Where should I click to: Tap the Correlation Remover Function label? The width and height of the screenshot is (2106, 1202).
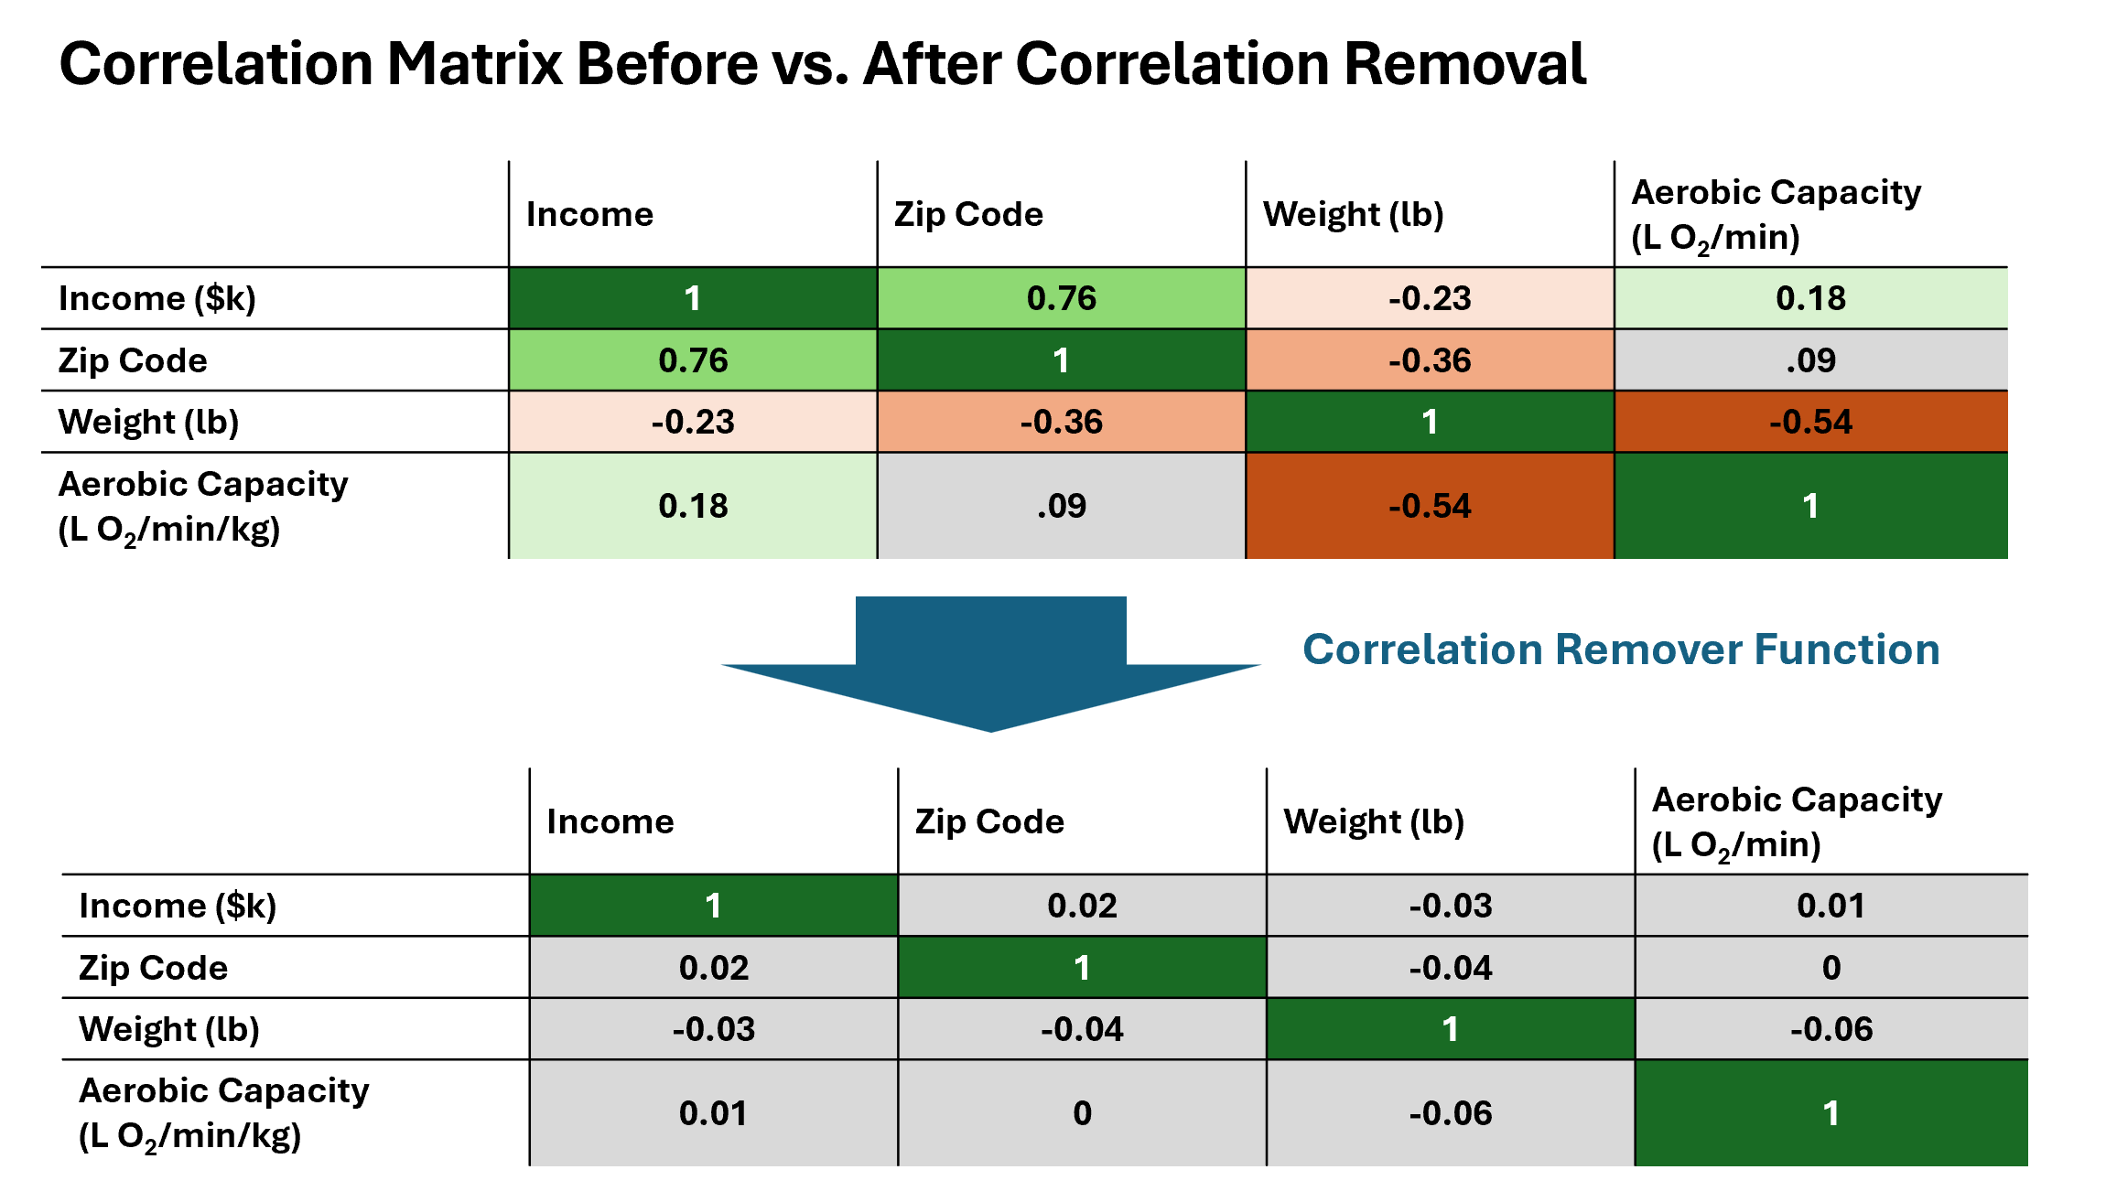[x=1621, y=649]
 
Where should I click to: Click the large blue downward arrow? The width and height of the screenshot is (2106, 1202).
[x=991, y=664]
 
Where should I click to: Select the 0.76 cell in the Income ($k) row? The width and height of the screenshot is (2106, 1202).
[x=1062, y=298]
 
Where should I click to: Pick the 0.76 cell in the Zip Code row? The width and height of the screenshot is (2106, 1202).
[x=693, y=360]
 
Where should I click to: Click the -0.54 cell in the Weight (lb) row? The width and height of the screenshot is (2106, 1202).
[x=1811, y=422]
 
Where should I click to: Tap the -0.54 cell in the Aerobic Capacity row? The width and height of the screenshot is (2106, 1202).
[x=1430, y=506]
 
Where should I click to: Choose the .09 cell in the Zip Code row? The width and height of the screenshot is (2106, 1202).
[x=1811, y=360]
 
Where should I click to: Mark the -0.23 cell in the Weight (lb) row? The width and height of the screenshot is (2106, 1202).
[x=693, y=422]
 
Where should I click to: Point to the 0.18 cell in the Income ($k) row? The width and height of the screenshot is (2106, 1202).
[x=1811, y=298]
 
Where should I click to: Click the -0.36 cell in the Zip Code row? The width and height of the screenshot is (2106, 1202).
[x=1430, y=360]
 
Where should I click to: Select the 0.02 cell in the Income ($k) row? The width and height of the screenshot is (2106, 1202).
[x=1083, y=906]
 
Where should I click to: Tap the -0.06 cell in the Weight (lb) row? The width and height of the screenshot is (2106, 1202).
[x=1831, y=1029]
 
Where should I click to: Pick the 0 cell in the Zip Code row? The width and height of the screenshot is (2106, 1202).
[x=1831, y=968]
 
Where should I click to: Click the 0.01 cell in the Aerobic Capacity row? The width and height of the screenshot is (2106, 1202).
[x=714, y=1113]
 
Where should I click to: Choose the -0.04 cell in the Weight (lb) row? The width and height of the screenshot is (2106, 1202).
[x=1083, y=1029]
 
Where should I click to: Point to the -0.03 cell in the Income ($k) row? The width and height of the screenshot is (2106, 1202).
[x=1451, y=906]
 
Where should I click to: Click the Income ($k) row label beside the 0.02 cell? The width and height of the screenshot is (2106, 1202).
[x=178, y=906]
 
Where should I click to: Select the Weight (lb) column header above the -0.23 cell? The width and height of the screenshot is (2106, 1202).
[x=1354, y=214]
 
